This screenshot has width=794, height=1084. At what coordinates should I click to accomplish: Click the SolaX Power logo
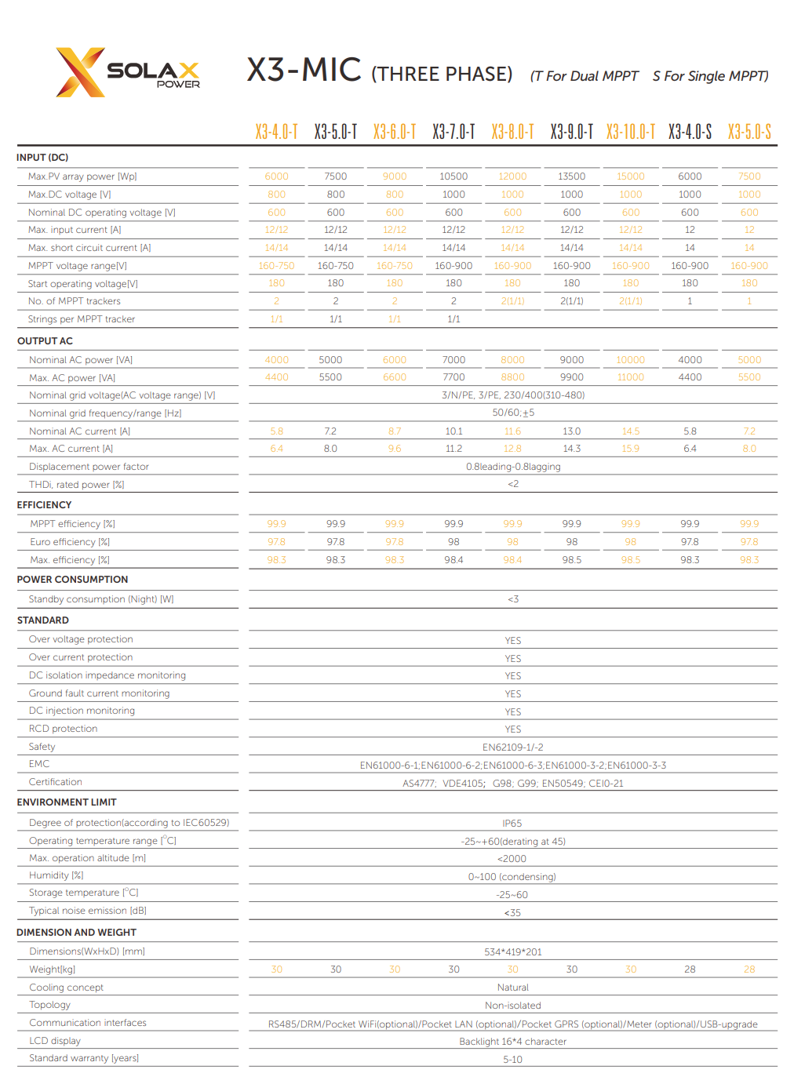(128, 72)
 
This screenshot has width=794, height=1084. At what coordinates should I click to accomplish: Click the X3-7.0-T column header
(453, 132)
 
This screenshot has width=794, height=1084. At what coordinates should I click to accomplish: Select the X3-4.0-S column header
(690, 132)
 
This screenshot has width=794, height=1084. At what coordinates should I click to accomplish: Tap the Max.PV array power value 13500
(571, 176)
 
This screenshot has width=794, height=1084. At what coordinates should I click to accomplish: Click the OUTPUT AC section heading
(45, 341)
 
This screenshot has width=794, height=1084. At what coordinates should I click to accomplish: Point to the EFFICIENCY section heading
(44, 505)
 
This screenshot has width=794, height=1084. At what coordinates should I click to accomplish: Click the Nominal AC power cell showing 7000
(453, 360)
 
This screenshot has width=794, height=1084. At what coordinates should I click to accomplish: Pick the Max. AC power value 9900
(571, 377)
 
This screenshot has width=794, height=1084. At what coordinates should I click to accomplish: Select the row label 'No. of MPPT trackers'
(75, 301)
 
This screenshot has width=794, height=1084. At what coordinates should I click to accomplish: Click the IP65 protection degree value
(512, 824)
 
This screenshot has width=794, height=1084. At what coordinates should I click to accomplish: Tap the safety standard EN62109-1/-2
(512, 748)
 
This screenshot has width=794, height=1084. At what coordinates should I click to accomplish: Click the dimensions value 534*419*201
(512, 952)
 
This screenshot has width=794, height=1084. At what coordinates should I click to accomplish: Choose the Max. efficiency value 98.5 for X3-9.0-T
(571, 560)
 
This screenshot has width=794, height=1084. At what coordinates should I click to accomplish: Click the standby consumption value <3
(512, 599)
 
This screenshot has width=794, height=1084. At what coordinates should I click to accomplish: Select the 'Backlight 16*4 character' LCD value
(512, 1042)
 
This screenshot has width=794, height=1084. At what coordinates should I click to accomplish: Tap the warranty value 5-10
(512, 1060)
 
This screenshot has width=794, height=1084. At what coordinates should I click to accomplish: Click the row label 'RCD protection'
(64, 729)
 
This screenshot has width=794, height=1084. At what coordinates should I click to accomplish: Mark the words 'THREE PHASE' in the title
(442, 75)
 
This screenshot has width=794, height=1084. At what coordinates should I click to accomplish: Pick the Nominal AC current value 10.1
(453, 431)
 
